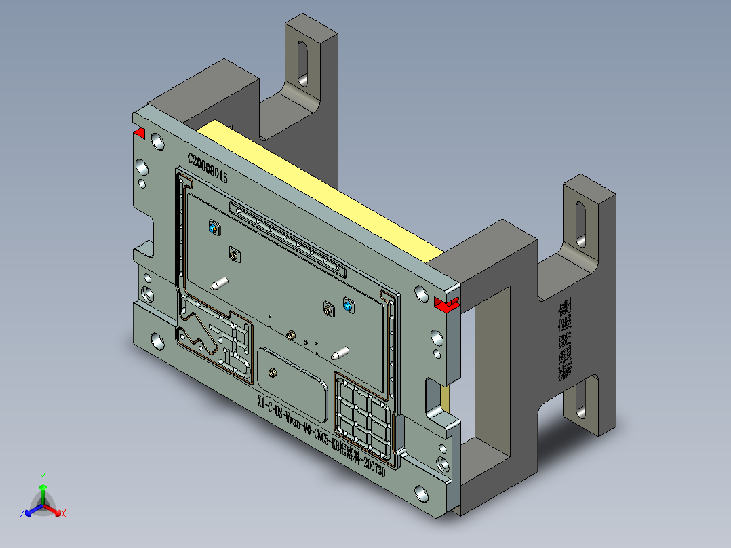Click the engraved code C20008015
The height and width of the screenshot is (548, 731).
tap(208, 168)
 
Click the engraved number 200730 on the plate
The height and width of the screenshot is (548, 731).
tap(374, 467)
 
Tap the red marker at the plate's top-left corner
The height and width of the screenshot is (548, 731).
tap(139, 132)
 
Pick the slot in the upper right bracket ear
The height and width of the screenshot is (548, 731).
tap(580, 223)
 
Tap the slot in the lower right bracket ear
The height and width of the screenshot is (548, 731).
tap(580, 400)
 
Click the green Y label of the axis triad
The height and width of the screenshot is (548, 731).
tap(42, 477)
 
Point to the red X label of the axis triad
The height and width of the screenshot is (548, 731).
tap(63, 514)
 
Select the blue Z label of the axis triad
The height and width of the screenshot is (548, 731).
tap(22, 513)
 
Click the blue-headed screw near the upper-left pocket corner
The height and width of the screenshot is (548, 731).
tap(214, 228)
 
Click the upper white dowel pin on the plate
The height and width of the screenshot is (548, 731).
tap(219, 283)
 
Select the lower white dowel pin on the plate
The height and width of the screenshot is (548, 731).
tap(339, 353)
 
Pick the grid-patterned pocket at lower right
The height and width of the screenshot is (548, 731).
tap(363, 414)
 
